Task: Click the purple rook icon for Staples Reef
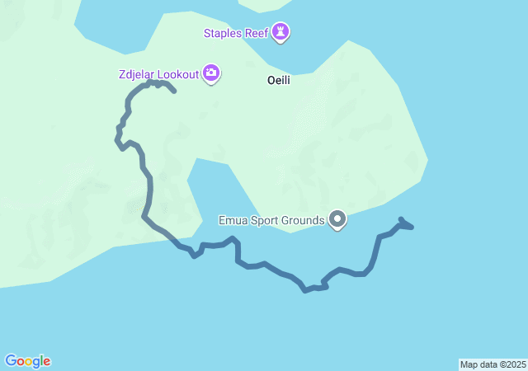click(x=282, y=32)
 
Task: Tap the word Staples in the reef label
click(x=224, y=33)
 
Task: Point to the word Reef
click(x=257, y=33)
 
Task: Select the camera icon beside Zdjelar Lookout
click(x=211, y=74)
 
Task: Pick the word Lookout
click(x=179, y=74)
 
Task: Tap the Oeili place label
click(x=279, y=81)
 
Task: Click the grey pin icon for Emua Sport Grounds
click(x=337, y=219)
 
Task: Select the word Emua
click(x=232, y=220)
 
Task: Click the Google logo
click(x=27, y=361)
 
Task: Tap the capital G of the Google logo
click(x=11, y=360)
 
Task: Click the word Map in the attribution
click(x=469, y=364)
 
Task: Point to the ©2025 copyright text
click(x=513, y=364)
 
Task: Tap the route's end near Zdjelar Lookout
click(x=175, y=92)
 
